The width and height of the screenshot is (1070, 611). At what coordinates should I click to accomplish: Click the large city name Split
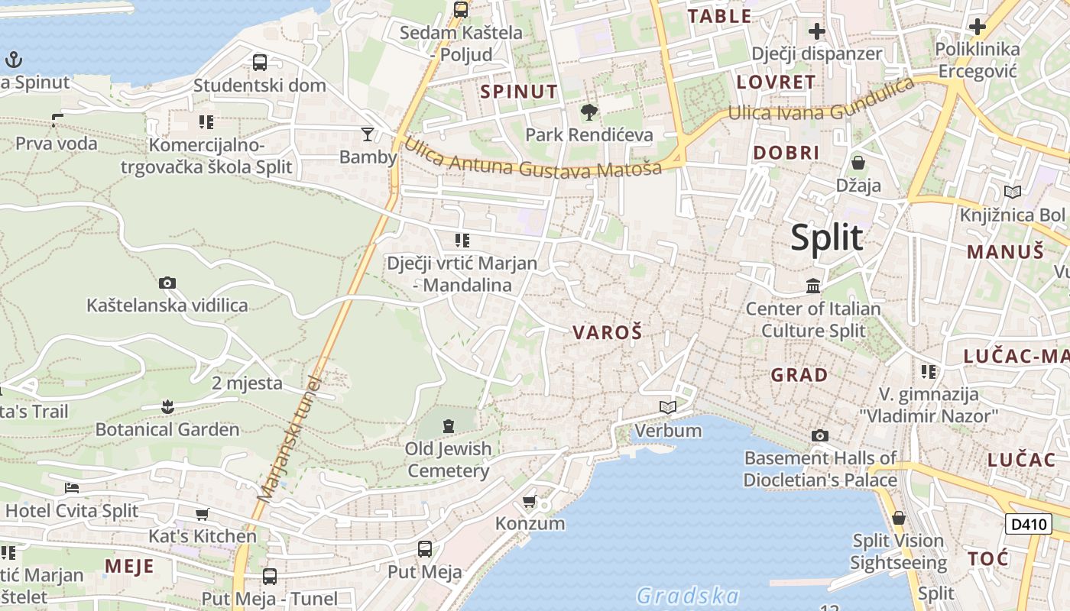pyautogui.click(x=826, y=238)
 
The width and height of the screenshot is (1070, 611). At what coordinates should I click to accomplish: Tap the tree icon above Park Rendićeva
pyautogui.click(x=588, y=113)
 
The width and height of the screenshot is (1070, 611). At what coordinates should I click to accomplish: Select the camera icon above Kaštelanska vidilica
pyautogui.click(x=167, y=283)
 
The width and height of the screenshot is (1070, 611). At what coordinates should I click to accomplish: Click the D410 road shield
pyautogui.click(x=1028, y=524)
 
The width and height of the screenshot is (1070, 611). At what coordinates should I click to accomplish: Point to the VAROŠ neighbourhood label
pyautogui.click(x=607, y=332)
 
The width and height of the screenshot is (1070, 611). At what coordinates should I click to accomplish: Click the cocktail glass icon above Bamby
pyautogui.click(x=368, y=134)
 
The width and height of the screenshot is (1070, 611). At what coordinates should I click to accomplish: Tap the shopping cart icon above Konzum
pyautogui.click(x=529, y=502)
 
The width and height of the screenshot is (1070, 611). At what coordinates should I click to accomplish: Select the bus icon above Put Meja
pyautogui.click(x=424, y=549)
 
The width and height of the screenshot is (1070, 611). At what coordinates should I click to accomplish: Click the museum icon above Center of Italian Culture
pyautogui.click(x=813, y=286)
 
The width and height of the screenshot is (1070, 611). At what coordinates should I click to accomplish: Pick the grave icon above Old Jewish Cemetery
pyautogui.click(x=448, y=425)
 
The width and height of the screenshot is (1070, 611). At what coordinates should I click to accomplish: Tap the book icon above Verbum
pyautogui.click(x=668, y=408)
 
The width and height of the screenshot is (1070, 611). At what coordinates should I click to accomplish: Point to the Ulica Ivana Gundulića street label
pyautogui.click(x=822, y=101)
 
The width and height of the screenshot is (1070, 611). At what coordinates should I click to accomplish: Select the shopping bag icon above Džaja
pyautogui.click(x=858, y=163)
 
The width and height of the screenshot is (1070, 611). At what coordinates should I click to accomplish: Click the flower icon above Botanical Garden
pyautogui.click(x=167, y=407)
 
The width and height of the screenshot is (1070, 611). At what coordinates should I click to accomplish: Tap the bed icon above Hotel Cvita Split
pyautogui.click(x=72, y=488)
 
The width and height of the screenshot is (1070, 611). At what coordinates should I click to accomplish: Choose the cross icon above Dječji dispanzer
pyautogui.click(x=816, y=31)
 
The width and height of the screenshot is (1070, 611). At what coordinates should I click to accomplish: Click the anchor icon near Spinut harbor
pyautogui.click(x=13, y=60)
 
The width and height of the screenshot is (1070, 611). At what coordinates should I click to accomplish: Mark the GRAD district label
pyautogui.click(x=799, y=375)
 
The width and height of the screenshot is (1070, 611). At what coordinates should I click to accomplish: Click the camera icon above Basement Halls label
pyautogui.click(x=819, y=436)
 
